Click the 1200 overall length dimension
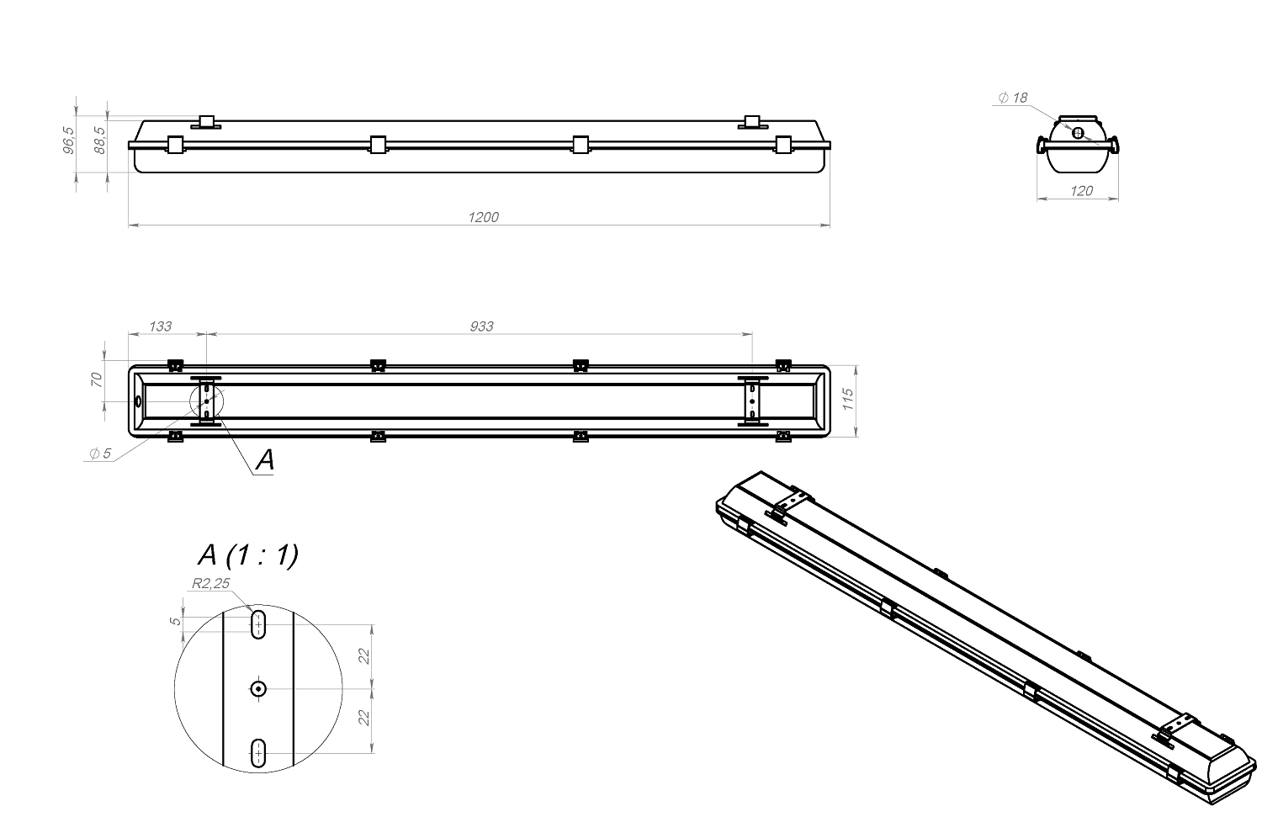pos(483,217)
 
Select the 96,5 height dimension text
pos(69,141)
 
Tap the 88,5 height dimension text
pos(100,139)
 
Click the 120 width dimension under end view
pos(1081,191)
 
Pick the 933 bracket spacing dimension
pos(481,326)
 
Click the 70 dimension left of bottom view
pos(96,379)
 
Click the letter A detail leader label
pos(264,459)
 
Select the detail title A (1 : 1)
pos(247,555)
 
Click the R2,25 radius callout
pos(211,582)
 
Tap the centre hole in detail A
pos(257,688)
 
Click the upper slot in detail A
pos(258,624)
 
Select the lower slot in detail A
pos(258,752)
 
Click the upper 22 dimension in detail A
pos(364,656)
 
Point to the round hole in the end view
pos(1079,131)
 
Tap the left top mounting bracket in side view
pos(206,122)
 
